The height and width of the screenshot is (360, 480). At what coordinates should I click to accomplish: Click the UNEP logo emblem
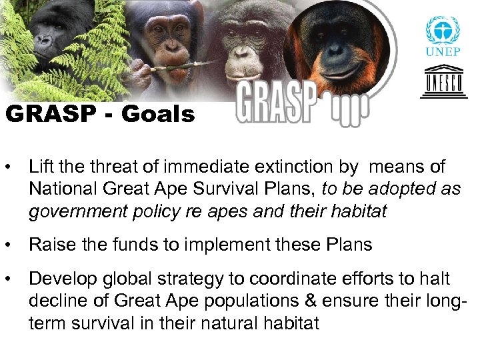pos(443,32)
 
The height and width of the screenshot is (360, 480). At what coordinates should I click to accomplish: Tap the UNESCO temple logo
pos(443,82)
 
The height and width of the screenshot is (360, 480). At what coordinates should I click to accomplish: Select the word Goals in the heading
pos(158,115)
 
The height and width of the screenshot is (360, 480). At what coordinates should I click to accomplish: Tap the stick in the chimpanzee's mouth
pos(180,66)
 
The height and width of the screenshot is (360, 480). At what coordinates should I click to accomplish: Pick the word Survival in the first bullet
pos(227,189)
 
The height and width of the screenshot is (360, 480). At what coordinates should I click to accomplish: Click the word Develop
pos(60,279)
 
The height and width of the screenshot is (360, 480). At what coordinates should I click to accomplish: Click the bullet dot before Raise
pos(10,245)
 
